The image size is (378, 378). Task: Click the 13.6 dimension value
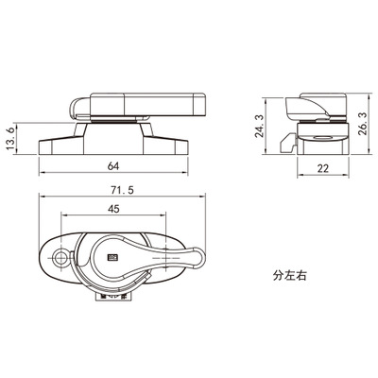[10, 139]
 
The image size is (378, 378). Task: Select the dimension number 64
[113, 166]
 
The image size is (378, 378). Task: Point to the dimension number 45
[113, 209]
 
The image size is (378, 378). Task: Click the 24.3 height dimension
[259, 126]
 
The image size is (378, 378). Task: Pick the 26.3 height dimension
[363, 123]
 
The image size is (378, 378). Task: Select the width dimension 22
[323, 168]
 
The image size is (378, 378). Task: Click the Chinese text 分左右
[289, 276]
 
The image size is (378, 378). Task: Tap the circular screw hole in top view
[60, 258]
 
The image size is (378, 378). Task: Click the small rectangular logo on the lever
[112, 258]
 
